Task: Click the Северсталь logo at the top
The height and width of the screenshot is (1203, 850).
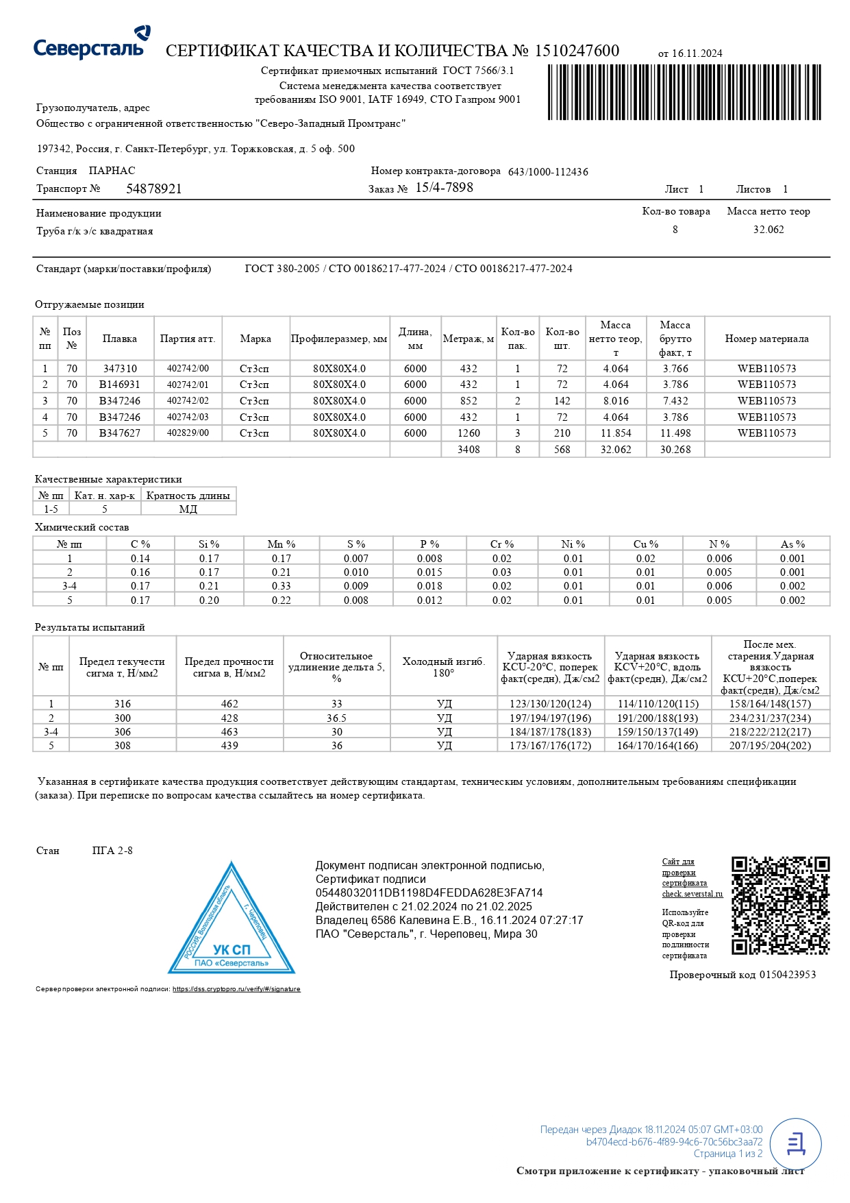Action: tap(92, 42)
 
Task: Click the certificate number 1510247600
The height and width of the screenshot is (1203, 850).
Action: tap(577, 51)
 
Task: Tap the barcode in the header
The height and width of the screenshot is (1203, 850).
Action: tap(684, 93)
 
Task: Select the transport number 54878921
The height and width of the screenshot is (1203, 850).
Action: tap(154, 189)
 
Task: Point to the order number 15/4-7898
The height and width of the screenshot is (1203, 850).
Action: tap(444, 188)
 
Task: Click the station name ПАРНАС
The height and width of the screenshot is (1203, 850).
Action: tap(112, 171)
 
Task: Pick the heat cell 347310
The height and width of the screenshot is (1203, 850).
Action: tap(120, 369)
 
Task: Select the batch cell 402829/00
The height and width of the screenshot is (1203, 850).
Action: tap(188, 433)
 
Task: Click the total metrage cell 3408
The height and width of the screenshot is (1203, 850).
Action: tap(468, 450)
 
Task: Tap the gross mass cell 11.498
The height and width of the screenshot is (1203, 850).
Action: tap(675, 433)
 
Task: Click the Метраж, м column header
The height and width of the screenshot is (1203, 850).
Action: tap(468, 339)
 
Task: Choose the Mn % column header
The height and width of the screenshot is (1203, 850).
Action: tap(281, 544)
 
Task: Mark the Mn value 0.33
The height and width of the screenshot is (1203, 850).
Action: tap(281, 586)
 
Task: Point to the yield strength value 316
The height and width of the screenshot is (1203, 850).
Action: tap(123, 704)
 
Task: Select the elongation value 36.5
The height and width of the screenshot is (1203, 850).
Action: tap(336, 718)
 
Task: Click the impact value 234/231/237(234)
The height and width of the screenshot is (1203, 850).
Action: tap(770, 718)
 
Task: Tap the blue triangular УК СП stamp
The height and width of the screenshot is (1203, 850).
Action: tap(232, 923)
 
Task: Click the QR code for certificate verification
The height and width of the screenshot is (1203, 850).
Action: tap(780, 905)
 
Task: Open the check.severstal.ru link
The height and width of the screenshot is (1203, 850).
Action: tap(692, 894)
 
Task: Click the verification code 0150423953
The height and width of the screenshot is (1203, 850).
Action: tap(787, 975)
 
